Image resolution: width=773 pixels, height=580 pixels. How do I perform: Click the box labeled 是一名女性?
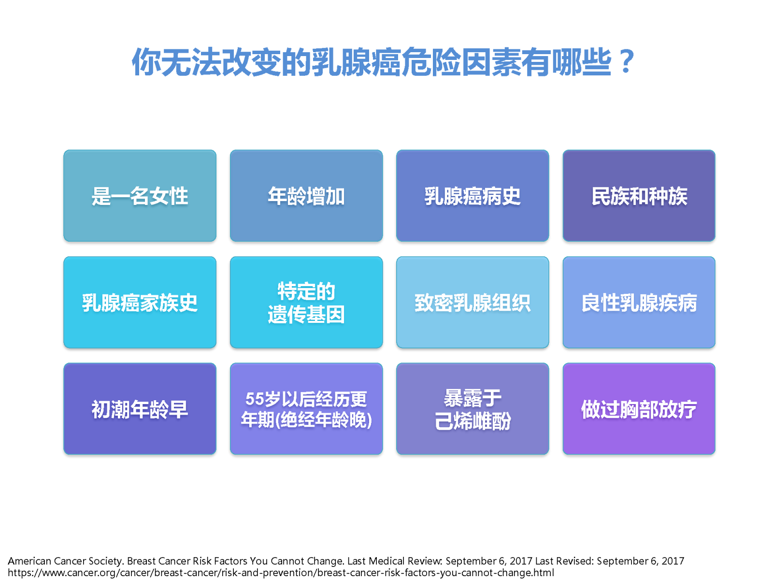[x=140, y=196]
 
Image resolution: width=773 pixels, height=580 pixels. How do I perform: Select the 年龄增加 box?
[x=306, y=196]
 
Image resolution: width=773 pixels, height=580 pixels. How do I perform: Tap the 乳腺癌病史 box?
[x=472, y=196]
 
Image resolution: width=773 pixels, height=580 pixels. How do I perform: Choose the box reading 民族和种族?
[x=639, y=196]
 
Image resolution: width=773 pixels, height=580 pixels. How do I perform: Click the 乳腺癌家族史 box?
[x=140, y=303]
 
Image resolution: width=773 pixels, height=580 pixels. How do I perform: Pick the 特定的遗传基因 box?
[x=306, y=303]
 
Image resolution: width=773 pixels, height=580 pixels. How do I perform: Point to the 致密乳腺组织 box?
[x=472, y=303]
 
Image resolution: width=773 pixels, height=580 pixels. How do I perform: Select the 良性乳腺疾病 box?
[x=639, y=303]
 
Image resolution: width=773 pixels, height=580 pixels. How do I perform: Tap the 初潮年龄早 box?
[x=140, y=409]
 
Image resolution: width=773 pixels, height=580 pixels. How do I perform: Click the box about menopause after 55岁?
[x=306, y=409]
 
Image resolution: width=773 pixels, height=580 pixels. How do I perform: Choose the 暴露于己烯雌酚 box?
[x=472, y=409]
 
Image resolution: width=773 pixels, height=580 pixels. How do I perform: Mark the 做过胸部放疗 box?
[x=639, y=409]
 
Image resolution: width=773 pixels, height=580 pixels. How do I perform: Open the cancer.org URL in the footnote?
[x=281, y=573]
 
